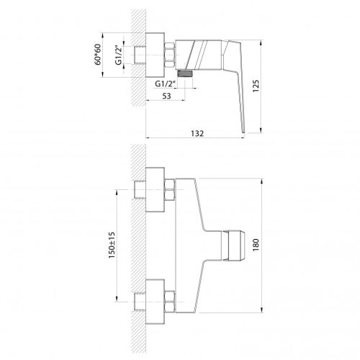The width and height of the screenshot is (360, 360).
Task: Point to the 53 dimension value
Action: click(x=165, y=96)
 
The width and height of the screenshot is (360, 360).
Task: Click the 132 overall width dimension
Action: click(x=197, y=133)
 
